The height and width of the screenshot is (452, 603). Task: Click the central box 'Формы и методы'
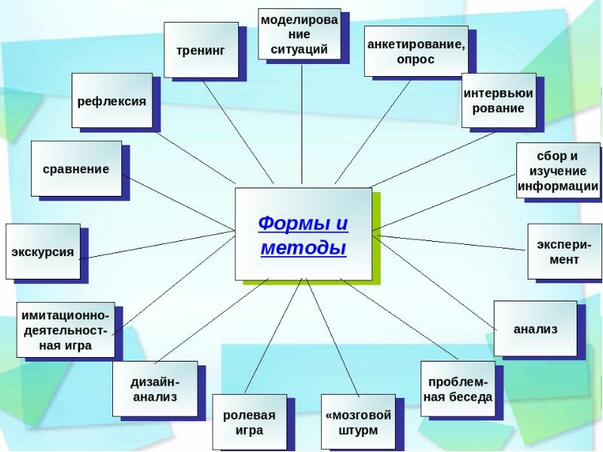coord(302,234)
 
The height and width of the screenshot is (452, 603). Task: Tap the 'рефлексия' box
coord(111,99)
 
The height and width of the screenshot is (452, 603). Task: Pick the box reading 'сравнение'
coord(75,169)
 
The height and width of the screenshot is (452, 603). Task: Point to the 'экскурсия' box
coord(42,251)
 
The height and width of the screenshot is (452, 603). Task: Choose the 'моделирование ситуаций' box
coord(298,35)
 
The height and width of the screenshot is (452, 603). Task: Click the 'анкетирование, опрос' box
coord(415,51)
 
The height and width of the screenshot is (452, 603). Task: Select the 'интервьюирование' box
coord(498,101)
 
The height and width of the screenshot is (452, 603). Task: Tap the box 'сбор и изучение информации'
coord(557,171)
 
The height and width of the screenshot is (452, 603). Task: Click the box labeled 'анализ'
coord(535,328)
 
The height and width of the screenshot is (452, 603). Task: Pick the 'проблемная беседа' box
coord(457,389)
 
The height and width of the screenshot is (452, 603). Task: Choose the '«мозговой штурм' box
coord(358,423)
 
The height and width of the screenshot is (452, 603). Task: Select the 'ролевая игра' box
coord(249,423)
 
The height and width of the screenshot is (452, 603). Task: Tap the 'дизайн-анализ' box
coord(154,388)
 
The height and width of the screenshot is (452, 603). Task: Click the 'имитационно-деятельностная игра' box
coord(66,329)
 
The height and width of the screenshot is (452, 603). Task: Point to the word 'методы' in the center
coord(303,248)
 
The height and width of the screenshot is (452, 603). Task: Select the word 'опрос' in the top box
coord(415,60)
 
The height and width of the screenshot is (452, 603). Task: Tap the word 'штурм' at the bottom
coord(358,431)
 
